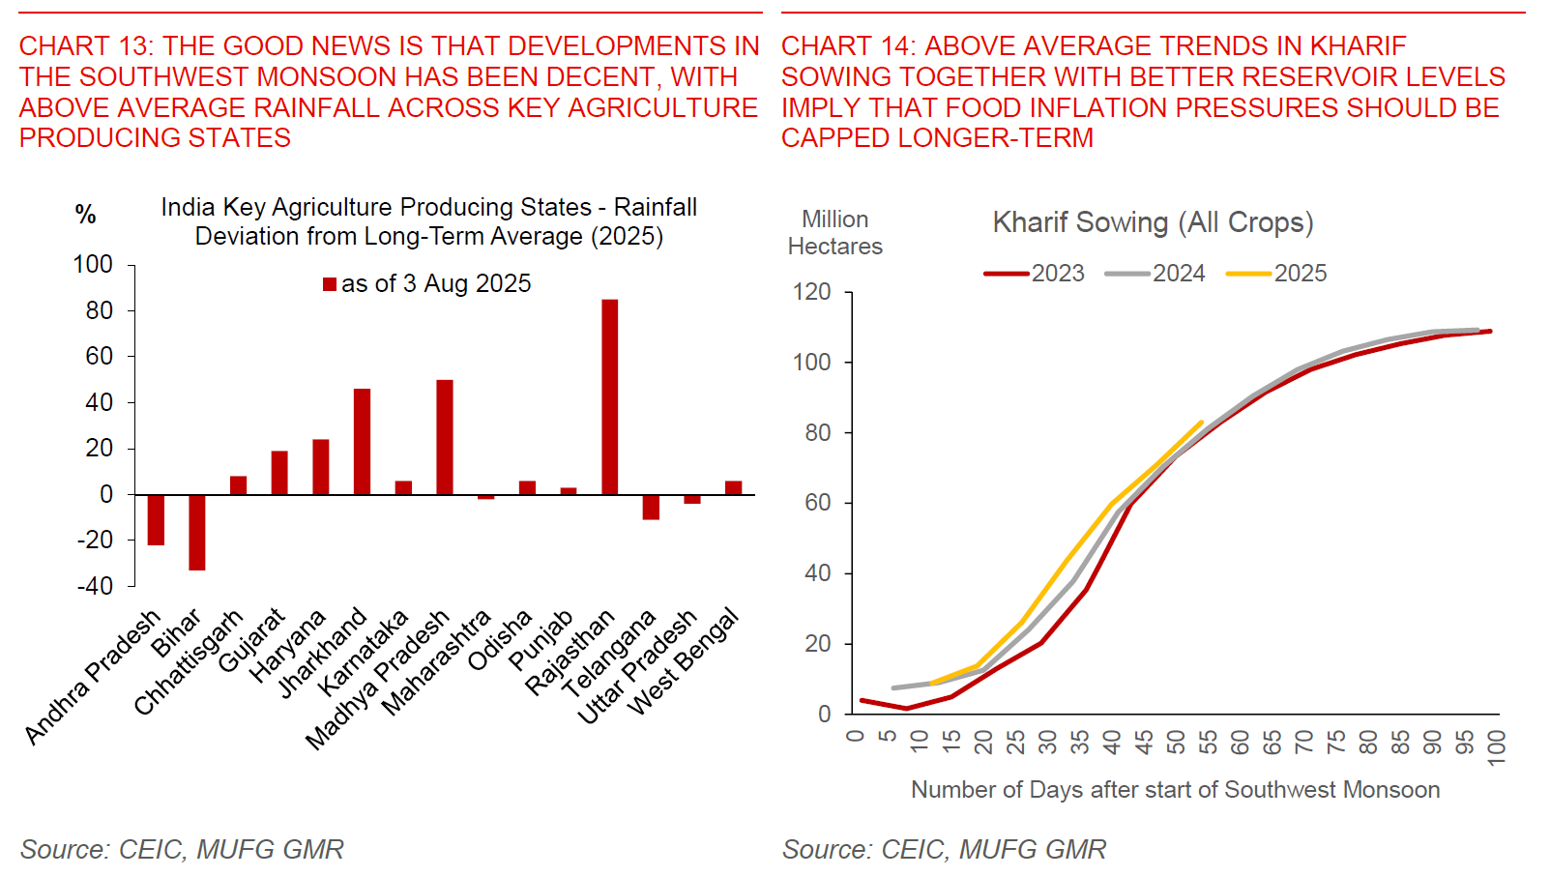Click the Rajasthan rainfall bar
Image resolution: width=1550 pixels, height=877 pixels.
coord(609,396)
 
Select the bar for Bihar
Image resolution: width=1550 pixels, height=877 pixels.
coord(196,532)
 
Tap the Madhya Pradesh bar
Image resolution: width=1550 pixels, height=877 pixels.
coord(445,437)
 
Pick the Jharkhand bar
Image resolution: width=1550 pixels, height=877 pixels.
coord(362,441)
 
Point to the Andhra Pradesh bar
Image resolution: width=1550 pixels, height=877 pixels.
coord(156,519)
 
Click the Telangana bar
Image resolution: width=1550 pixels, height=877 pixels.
coord(651,507)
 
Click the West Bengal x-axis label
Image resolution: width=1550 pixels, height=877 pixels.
coord(684,661)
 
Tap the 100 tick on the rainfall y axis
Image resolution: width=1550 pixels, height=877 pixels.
coord(93,264)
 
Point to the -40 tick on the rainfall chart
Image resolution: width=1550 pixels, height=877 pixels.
coord(95,586)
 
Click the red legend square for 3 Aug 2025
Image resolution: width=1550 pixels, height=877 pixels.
coord(330,284)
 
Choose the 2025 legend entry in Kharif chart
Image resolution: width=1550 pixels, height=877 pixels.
coord(1276,274)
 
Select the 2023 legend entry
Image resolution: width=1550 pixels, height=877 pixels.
coord(1034,274)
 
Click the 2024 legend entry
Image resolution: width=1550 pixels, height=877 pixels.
coord(1155,274)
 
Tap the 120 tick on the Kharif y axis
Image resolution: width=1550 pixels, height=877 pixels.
coord(811,292)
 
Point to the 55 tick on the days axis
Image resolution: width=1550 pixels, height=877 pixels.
coord(1208,743)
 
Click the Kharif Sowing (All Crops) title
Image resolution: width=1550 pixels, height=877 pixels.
coord(1153,222)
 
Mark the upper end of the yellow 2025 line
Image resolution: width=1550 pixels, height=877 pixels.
coord(1201,423)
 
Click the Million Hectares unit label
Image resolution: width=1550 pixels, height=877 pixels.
coord(835,233)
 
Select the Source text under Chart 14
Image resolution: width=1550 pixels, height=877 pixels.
coord(944,849)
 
